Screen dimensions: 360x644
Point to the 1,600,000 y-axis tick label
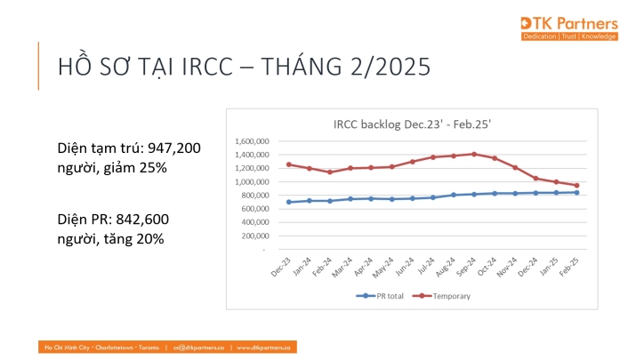point(254,141)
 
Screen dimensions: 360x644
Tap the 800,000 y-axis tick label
point(258,196)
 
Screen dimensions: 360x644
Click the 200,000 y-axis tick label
point(258,236)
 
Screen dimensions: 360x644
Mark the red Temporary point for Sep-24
point(474,154)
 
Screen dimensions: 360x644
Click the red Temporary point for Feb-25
point(576,186)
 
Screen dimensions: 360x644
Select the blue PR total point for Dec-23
point(289,202)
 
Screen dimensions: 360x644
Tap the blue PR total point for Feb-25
point(576,192)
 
